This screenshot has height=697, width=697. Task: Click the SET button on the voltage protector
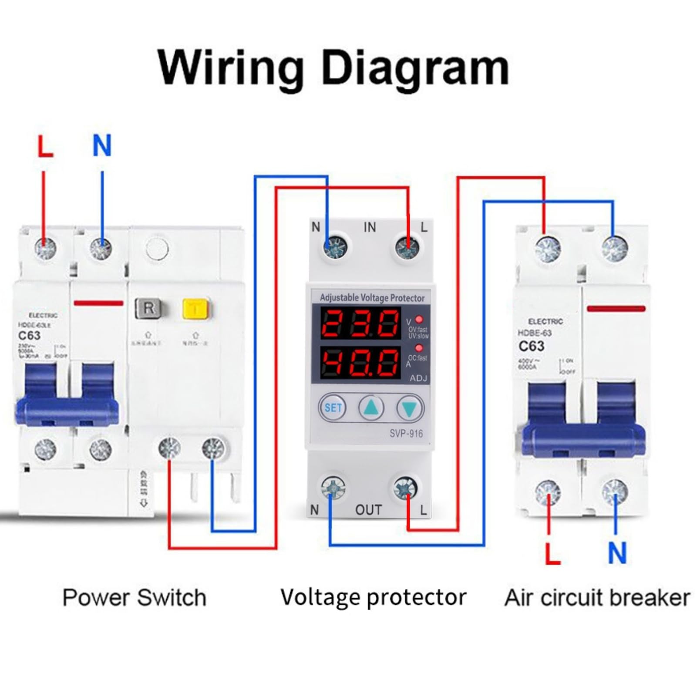(x=333, y=408)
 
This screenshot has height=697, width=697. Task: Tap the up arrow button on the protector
(x=371, y=408)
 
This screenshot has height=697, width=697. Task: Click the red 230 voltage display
(x=360, y=323)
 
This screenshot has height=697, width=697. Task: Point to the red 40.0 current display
(x=360, y=362)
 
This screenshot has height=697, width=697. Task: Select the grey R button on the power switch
(x=148, y=308)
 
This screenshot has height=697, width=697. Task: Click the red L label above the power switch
(x=45, y=146)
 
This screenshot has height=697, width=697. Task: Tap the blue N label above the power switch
(x=102, y=145)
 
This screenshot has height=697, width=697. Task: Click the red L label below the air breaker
(x=552, y=553)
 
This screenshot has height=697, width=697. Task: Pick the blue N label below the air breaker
(x=617, y=553)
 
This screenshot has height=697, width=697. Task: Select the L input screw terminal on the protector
(x=407, y=248)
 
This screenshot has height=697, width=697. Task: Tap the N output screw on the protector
(x=333, y=488)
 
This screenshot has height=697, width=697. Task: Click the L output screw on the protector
(x=405, y=488)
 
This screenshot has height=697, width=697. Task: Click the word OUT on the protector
(x=368, y=509)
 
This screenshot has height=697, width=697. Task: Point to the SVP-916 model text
(x=406, y=433)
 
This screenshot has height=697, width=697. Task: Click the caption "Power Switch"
(x=134, y=597)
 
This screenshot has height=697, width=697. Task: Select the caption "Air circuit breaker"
(x=597, y=598)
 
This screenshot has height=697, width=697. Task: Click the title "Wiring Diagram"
(x=333, y=67)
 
